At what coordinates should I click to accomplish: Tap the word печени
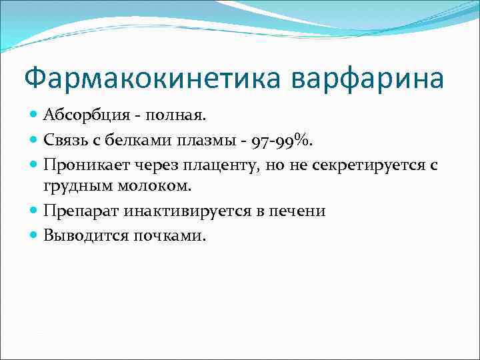pyautogui.click(x=297, y=211)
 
